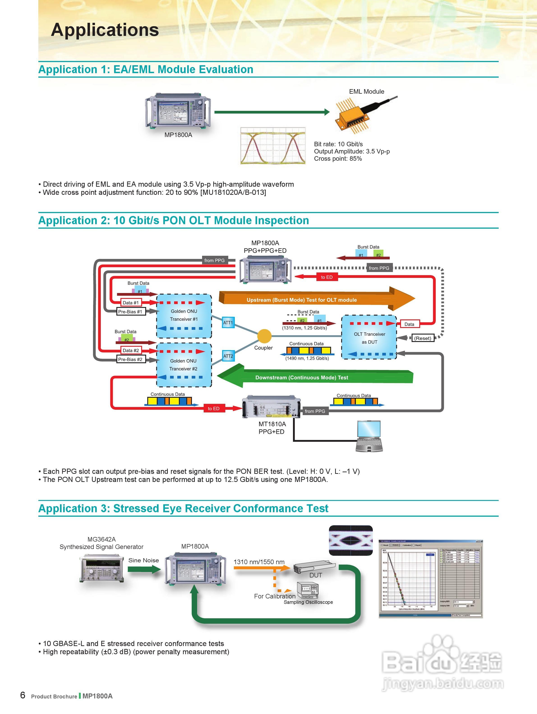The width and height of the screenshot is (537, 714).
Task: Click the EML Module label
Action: pos(366,92)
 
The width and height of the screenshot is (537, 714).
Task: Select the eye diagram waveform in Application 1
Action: pos(273,146)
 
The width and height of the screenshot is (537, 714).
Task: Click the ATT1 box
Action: pos(228,323)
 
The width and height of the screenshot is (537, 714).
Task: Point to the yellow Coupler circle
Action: pos(264,336)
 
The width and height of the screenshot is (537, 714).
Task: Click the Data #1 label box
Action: pos(131,303)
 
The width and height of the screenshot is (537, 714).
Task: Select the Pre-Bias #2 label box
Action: pos(130,359)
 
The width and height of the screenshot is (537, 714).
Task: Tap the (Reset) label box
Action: pos(422,338)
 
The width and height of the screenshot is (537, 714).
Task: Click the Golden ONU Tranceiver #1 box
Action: pos(184,316)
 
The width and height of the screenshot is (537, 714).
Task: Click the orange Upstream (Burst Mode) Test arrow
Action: pos(316,300)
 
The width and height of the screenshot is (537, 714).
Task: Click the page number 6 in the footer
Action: pos(23,695)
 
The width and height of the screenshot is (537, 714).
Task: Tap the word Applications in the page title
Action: pos(105,30)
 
